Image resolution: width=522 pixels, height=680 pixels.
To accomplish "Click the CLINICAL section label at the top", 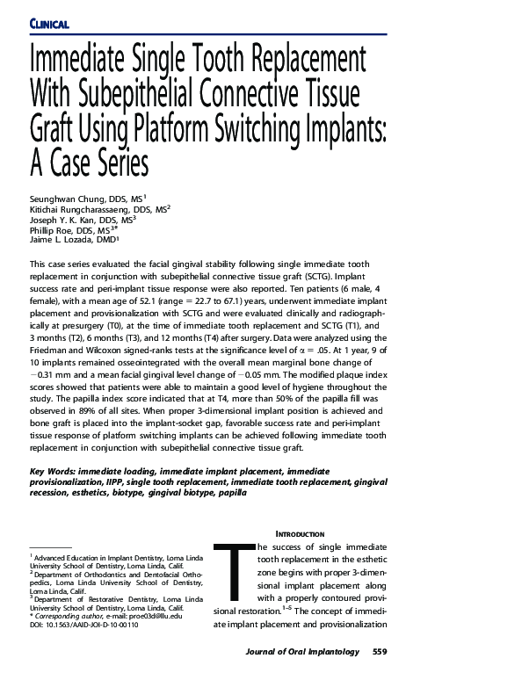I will point(49,23).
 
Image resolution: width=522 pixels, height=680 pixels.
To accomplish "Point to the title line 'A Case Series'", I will point(89,163).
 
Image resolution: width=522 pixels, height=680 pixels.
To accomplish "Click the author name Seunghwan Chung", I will point(69,199).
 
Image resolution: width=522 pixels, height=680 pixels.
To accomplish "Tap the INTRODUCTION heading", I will point(301,534).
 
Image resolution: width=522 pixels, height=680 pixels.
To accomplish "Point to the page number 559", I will point(381,652).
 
